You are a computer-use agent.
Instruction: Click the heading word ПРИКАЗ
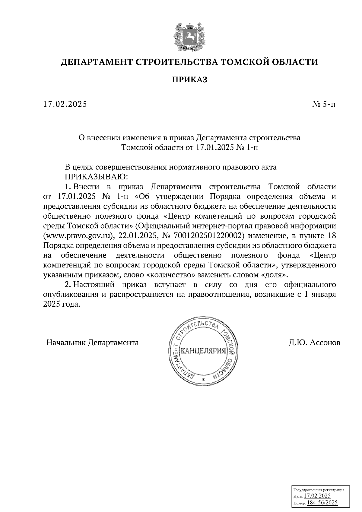click(189, 80)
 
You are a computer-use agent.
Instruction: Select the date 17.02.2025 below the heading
click(65, 104)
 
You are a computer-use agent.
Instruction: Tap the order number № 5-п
click(323, 104)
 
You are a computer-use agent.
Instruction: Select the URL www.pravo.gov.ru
click(79, 235)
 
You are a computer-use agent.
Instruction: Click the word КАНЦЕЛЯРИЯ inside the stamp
click(203, 351)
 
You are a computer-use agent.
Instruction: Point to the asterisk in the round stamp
click(203, 380)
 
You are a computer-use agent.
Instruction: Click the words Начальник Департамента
click(93, 343)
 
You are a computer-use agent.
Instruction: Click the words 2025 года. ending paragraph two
click(62, 305)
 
